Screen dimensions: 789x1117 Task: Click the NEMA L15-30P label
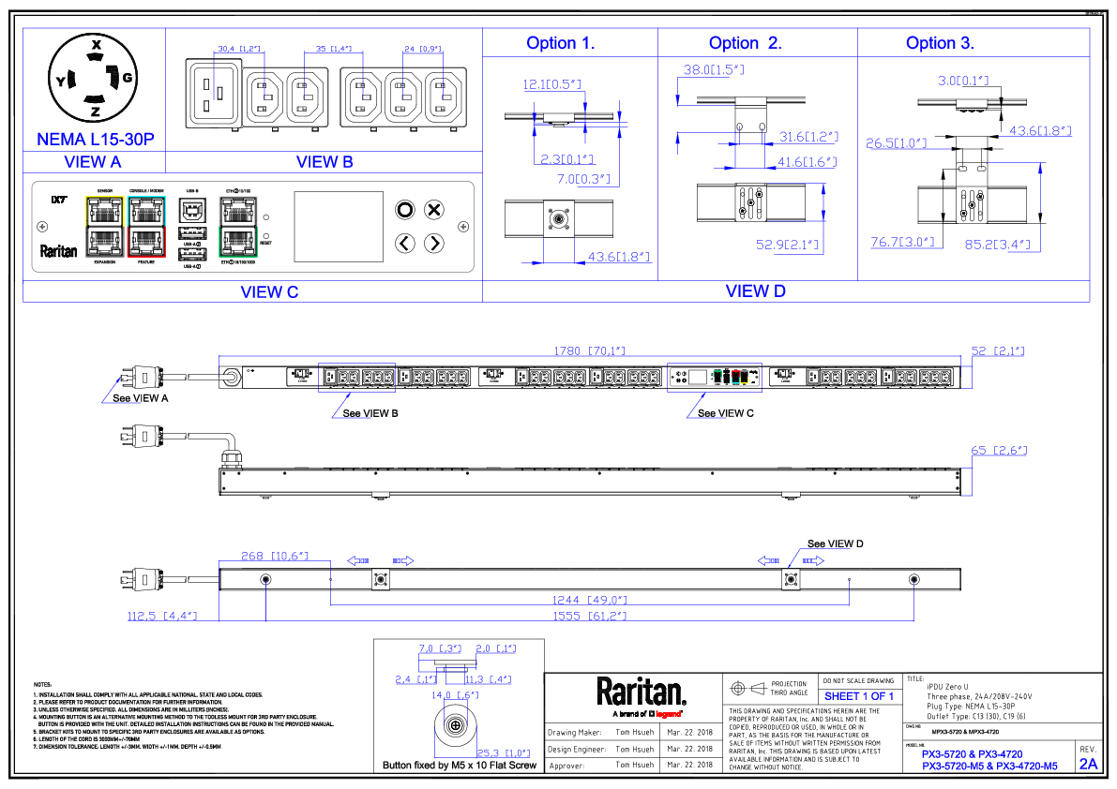[95, 140]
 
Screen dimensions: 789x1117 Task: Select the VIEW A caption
[93, 162]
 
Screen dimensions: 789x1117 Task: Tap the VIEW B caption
[325, 162]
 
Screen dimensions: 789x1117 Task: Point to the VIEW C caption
[269, 292]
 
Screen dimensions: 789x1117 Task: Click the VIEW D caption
[756, 291]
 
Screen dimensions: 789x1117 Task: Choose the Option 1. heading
[560, 43]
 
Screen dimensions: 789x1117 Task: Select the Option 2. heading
[745, 43]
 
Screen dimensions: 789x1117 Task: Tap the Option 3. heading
[939, 43]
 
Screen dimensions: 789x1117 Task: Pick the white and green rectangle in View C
[238, 227]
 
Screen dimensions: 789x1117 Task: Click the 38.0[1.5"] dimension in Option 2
[714, 70]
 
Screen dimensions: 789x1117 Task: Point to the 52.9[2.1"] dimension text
[787, 246]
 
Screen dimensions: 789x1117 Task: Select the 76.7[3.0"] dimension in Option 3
[902, 243]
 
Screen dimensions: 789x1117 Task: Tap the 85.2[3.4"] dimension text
[997, 246]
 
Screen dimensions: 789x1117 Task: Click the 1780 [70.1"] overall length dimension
[589, 351]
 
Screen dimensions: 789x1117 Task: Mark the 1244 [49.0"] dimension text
[589, 600]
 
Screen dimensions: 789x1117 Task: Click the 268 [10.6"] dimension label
[274, 557]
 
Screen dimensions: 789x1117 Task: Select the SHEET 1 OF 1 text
[858, 696]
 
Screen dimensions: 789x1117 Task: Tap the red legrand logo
[668, 714]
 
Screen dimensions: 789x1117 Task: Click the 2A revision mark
[1088, 765]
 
